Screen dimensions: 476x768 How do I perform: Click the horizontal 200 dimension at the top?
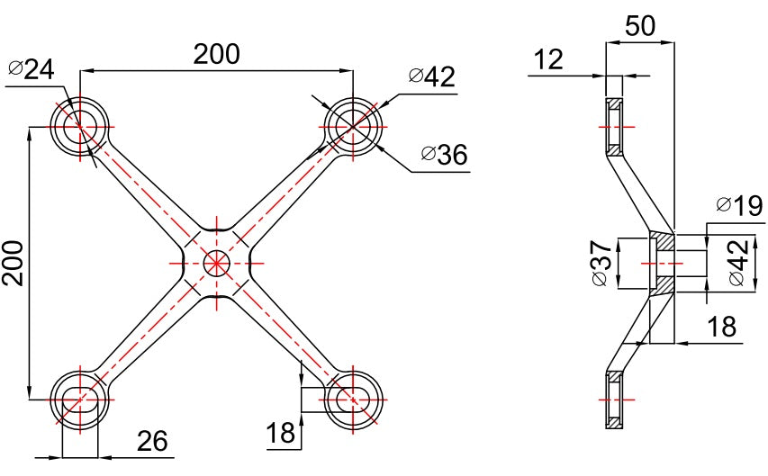click(217, 54)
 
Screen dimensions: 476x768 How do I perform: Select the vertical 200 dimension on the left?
click(14, 262)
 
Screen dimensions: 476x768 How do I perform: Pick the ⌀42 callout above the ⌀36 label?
click(432, 76)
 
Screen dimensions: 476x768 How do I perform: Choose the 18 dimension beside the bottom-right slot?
click(281, 434)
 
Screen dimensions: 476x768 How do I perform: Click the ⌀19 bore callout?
click(739, 206)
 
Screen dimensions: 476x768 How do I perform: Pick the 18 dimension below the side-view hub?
click(722, 327)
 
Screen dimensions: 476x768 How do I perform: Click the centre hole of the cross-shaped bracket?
click(216, 263)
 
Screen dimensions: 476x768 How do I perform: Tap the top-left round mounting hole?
click(80, 125)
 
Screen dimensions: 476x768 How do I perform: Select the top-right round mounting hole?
click(353, 125)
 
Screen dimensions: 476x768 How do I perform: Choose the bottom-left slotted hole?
click(80, 398)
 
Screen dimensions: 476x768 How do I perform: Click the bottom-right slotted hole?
click(353, 398)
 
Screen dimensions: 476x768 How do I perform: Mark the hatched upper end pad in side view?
click(614, 127)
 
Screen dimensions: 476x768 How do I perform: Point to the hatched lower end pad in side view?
click(614, 398)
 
